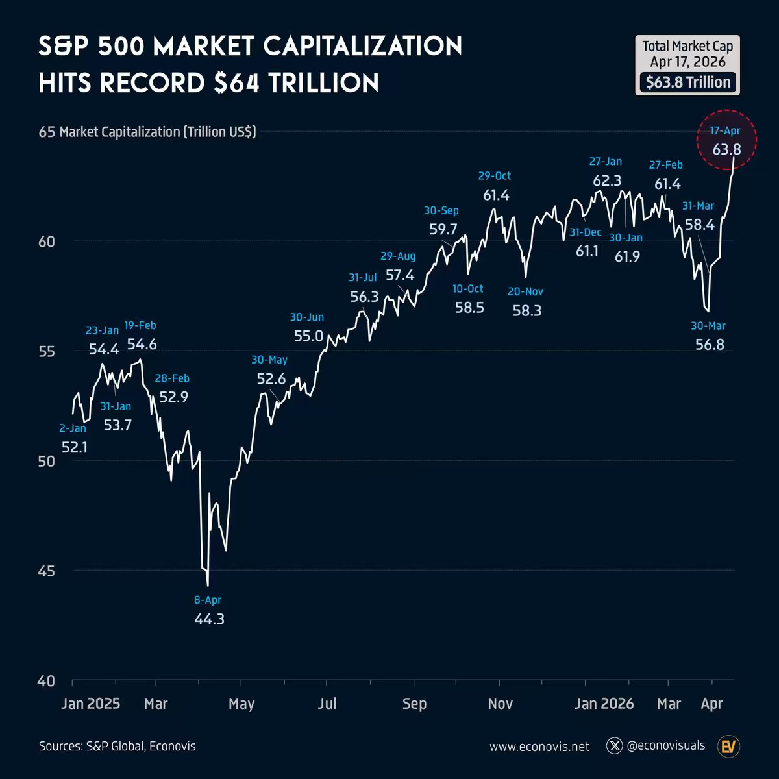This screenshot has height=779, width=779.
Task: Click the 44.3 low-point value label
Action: pyautogui.click(x=209, y=619)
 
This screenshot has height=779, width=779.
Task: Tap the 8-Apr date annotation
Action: pyautogui.click(x=208, y=600)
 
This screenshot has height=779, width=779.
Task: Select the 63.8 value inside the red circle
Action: pyautogui.click(x=726, y=149)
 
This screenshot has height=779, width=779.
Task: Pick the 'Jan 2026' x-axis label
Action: pyautogui.click(x=604, y=704)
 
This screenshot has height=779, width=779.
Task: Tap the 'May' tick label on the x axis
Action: pyautogui.click(x=241, y=704)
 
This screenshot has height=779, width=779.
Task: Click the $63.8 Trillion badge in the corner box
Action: pyautogui.click(x=687, y=82)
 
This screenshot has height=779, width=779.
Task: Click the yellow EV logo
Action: pyautogui.click(x=729, y=747)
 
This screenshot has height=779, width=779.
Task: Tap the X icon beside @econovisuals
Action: pyautogui.click(x=614, y=746)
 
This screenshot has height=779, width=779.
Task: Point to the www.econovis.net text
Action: pyautogui.click(x=539, y=747)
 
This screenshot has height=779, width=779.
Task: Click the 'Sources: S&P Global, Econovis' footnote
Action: pyautogui.click(x=117, y=747)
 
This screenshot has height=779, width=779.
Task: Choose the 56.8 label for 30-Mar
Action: pyautogui.click(x=710, y=345)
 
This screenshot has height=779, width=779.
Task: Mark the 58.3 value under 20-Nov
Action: pyautogui.click(x=526, y=311)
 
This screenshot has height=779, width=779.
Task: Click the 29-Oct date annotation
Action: pyautogui.click(x=495, y=176)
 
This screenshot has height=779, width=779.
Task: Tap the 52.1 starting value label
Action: pyautogui.click(x=75, y=447)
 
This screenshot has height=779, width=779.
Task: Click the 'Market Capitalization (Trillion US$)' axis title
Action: pyautogui.click(x=158, y=132)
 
